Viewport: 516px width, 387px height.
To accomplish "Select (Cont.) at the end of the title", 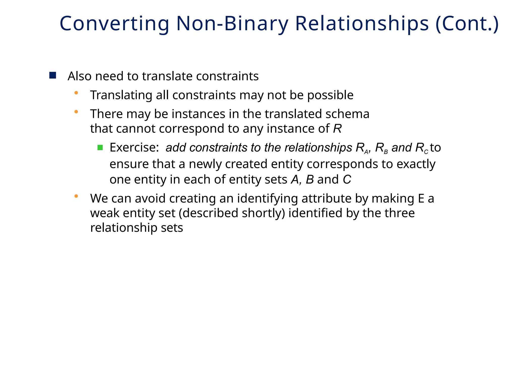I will tap(467, 24).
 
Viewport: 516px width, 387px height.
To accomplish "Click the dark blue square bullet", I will tap(53, 75).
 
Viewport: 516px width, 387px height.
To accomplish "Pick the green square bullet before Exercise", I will tap(100, 148).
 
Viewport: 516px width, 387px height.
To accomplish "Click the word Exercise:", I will tap(134, 148).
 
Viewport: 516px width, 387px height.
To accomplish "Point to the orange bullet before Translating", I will tap(76, 93).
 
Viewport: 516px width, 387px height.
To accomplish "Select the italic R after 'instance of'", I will tap(337, 129).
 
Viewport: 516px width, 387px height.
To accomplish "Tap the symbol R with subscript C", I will tap(422, 148).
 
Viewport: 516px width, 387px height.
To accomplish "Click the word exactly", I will tap(416, 164).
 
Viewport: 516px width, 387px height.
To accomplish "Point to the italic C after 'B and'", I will tap(347, 180).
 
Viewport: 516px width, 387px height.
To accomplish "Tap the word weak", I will tap(105, 213).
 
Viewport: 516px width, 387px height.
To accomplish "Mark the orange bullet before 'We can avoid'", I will tap(76, 196).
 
